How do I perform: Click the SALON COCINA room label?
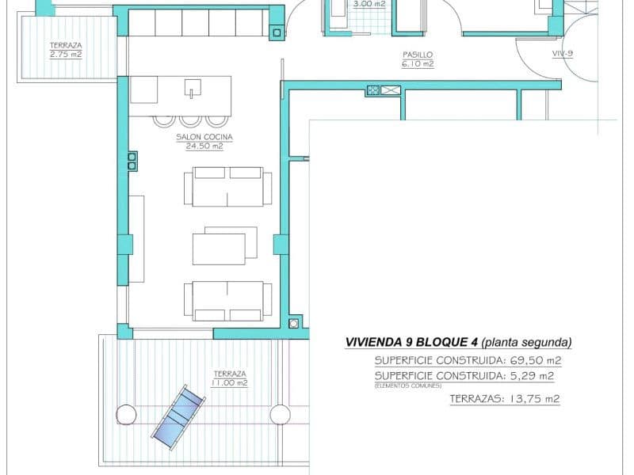click(199, 136)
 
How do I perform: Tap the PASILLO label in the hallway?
click(417, 55)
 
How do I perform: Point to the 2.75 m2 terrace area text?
click(66, 55)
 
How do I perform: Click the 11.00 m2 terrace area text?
click(229, 383)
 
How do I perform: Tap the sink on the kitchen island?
click(191, 89)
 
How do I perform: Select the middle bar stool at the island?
click(190, 121)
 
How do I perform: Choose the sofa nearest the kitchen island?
click(227, 186)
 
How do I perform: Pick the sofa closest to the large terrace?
click(227, 301)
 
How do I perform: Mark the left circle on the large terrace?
click(126, 414)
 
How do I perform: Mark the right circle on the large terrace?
click(279, 414)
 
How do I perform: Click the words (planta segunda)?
click(526, 343)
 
